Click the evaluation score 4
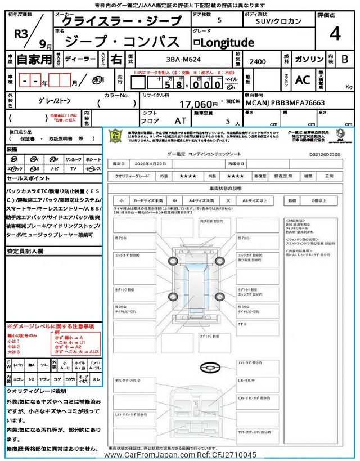tap(335, 34)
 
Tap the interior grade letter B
tap(345, 59)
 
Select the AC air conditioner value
tap(303, 80)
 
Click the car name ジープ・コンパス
tap(122, 41)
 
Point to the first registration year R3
tap(21, 33)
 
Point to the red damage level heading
tap(50, 326)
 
